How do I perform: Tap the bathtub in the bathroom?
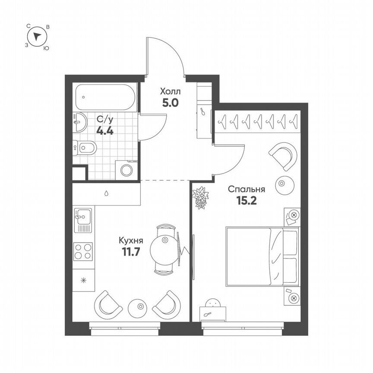(106, 98)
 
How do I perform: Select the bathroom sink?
(80, 122)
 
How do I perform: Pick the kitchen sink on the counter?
(83, 219)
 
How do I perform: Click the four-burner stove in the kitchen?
(83, 251)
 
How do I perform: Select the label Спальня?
(246, 189)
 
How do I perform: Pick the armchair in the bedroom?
(284, 155)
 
